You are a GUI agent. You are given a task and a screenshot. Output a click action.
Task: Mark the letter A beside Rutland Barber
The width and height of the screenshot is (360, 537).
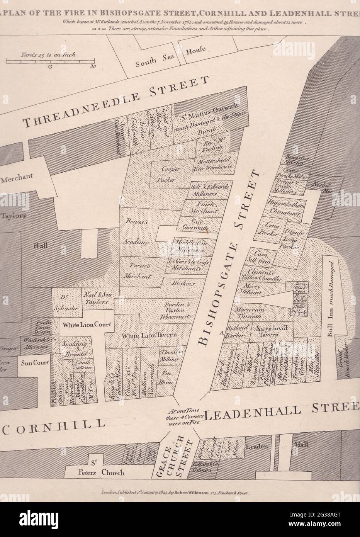click(x=221, y=332)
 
